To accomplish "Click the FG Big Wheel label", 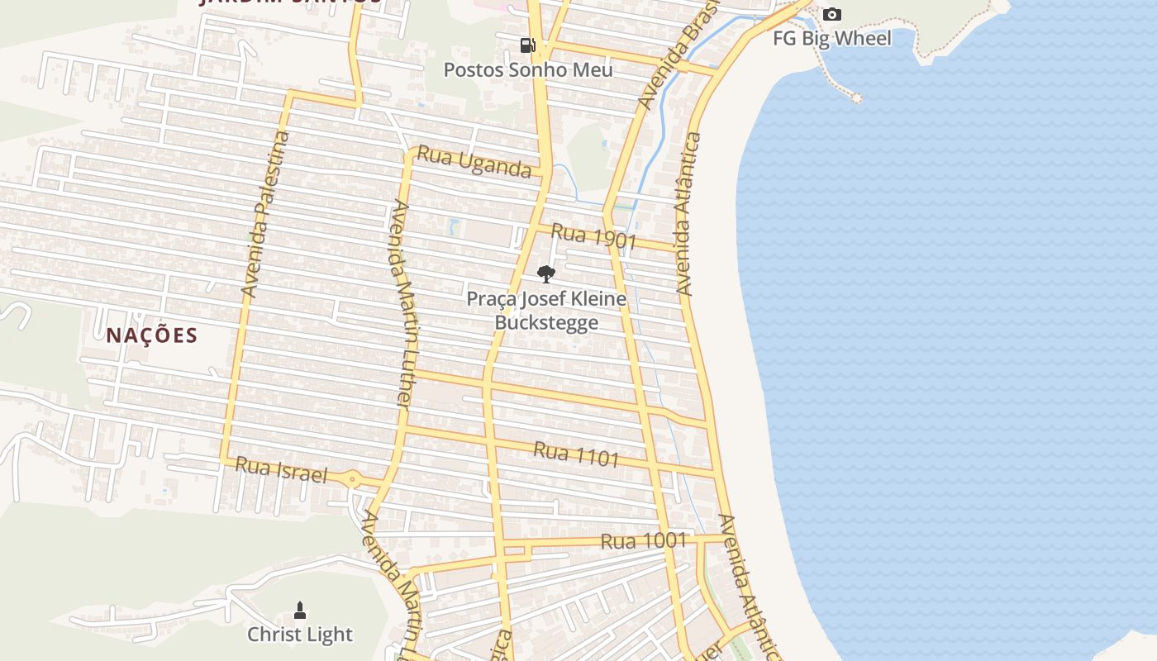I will pos(832,38).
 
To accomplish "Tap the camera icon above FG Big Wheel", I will pos(832,14).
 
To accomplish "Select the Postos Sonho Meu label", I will pos(528,69).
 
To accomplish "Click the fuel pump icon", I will pos(526,45).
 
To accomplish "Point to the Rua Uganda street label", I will pos(474,161).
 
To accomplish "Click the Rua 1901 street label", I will pos(593,237).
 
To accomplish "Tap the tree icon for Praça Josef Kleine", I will pos(545,273).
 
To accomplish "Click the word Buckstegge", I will pos(545,321).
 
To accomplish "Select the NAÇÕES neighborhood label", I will pos(152,335).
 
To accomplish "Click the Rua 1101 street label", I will pos(576,453).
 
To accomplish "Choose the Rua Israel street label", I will pos(281,470).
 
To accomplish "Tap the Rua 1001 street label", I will pos(644,541).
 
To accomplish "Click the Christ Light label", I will pos(300,635).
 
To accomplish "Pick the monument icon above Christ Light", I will pos(300,611).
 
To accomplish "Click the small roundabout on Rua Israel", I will pos(353,478).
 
